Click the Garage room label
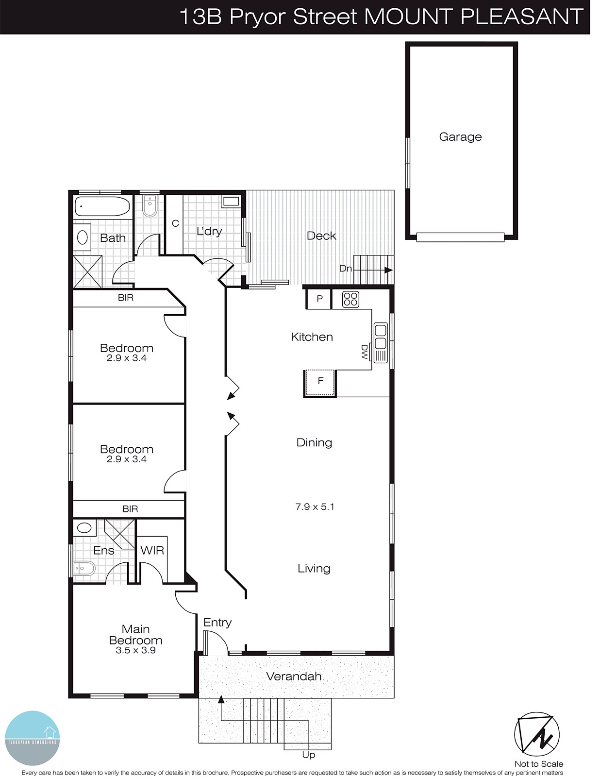coord(460,137)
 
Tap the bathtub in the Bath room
coord(102,206)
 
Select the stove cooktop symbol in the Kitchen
coord(350,299)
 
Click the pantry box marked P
coord(319,299)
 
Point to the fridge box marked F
coord(320,381)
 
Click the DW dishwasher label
coord(365,352)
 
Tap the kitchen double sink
coord(381,337)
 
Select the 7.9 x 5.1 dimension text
coord(315,507)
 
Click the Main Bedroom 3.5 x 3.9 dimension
coord(135,650)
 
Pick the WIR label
coord(152,550)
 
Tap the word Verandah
coord(294,676)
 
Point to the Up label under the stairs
coord(309,755)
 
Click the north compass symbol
coord(537,734)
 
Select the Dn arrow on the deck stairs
coord(374,270)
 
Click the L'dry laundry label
coord(209,231)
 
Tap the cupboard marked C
coord(175,223)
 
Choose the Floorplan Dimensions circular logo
coord(33,738)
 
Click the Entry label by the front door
coord(217,622)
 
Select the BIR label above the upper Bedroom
coord(125,298)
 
